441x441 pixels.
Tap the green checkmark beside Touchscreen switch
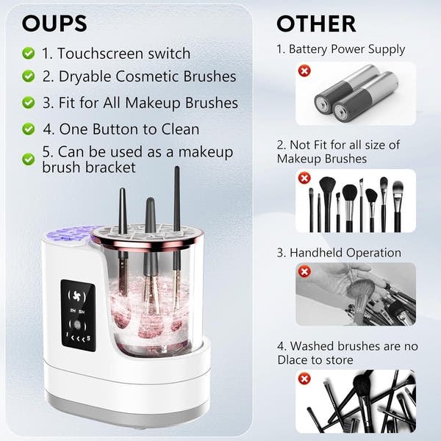(28, 53)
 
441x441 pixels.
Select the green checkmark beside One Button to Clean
(28, 129)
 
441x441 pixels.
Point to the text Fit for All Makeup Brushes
(140, 102)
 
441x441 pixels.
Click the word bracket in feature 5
(111, 167)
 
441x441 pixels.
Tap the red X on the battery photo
(304, 71)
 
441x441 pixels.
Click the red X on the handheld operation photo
(304, 272)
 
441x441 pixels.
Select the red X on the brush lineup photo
(304, 177)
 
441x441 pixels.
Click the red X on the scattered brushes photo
(304, 379)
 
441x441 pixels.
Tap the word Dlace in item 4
(294, 359)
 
